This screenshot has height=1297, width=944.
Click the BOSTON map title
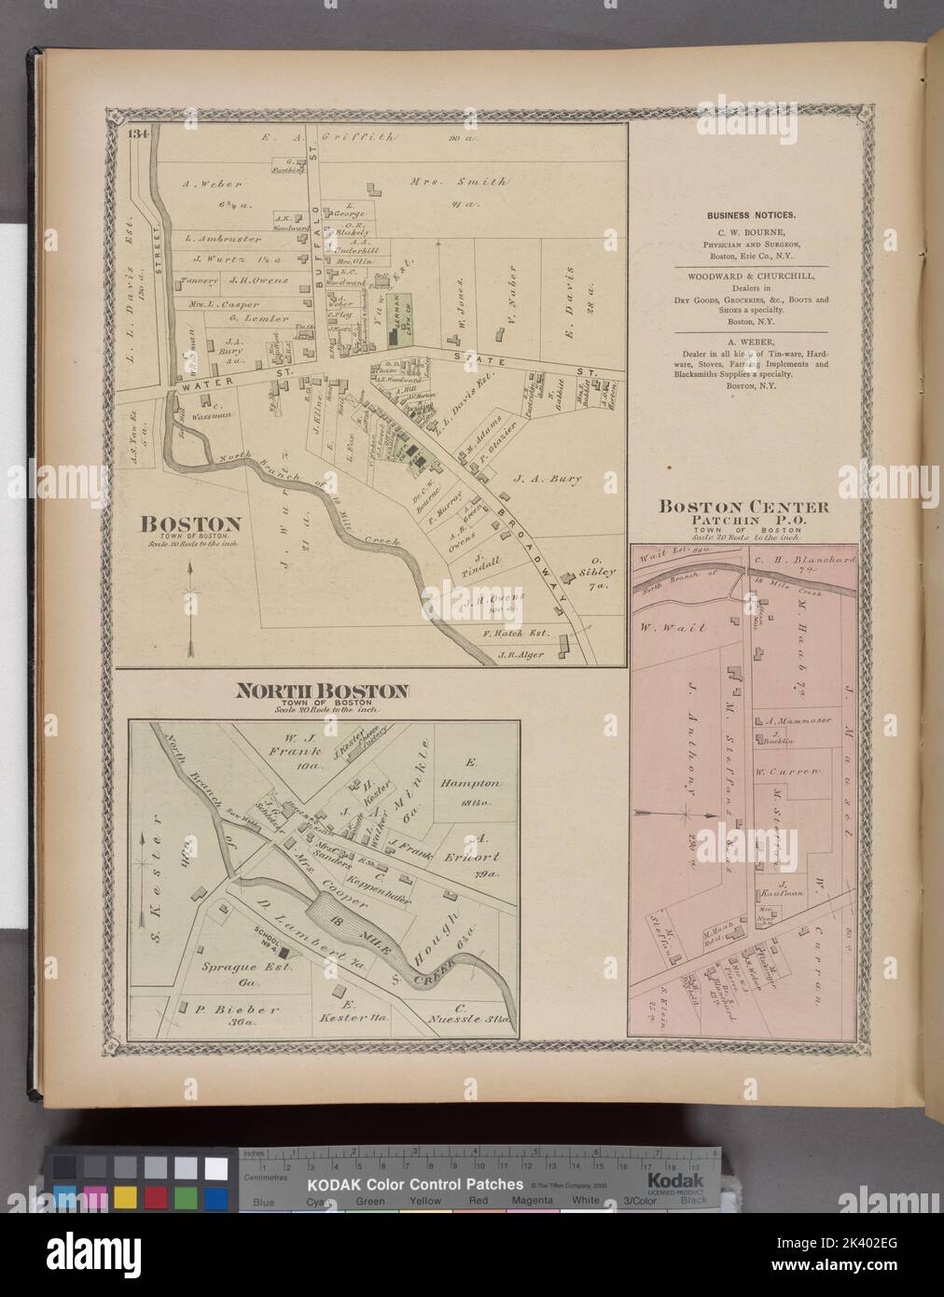[191, 524]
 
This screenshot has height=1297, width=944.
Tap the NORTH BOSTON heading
[322, 691]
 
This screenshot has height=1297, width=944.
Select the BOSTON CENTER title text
[743, 508]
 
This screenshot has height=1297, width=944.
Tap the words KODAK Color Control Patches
[415, 1184]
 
